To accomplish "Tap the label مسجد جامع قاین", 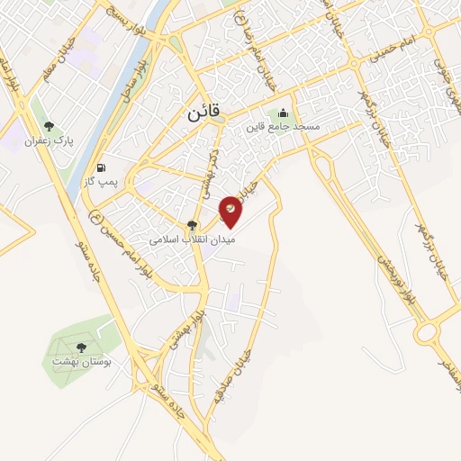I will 284,128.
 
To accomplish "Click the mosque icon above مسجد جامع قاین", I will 284,113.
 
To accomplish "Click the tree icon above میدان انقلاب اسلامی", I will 191,225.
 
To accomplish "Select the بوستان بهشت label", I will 81,360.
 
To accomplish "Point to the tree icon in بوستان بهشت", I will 81,346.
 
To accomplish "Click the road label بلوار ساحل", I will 119,84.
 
